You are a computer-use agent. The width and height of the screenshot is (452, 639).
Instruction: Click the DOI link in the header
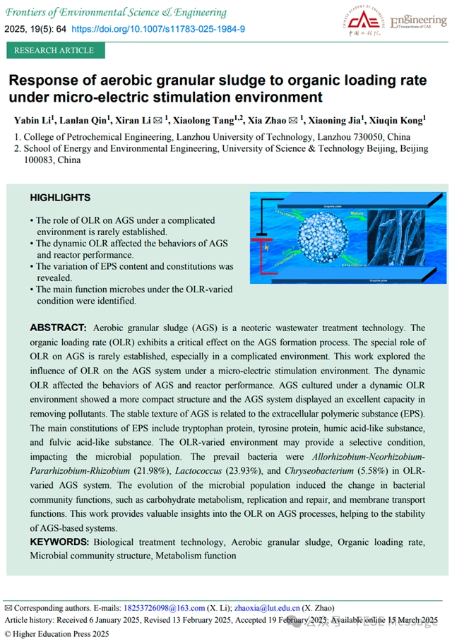coord(159,29)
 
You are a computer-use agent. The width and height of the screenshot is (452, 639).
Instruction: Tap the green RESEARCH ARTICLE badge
coord(54,50)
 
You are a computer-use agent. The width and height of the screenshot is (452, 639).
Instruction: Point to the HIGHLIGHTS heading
coord(60,198)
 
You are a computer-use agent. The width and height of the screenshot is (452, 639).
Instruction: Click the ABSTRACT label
coord(58,328)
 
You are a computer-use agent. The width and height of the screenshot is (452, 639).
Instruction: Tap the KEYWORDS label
coord(59,542)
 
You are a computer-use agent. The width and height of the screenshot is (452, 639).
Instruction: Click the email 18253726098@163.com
coord(164,608)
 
